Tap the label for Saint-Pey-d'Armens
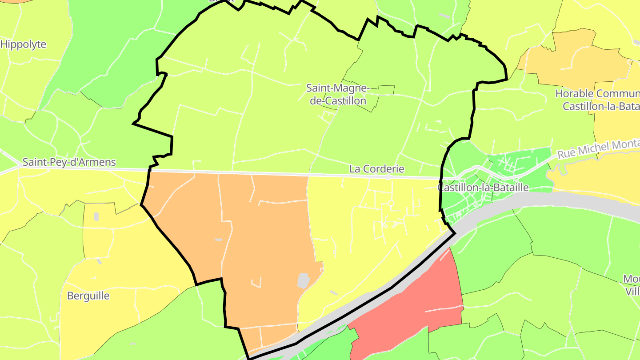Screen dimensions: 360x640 coord(69,162)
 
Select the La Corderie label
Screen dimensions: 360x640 coord(377,169)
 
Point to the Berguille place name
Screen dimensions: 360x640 coord(88,296)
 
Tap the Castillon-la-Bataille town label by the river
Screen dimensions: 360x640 coord(483,188)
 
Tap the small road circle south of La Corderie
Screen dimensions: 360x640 coord(391,203)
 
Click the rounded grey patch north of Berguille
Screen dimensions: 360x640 coord(96,217)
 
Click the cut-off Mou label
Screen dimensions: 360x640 coord(631,279)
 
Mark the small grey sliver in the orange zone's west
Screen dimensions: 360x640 coord(218,240)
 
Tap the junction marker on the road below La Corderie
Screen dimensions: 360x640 coord(388,177)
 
